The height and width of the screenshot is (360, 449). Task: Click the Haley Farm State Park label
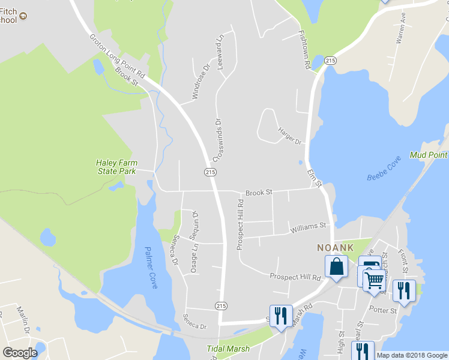click(x=116, y=167)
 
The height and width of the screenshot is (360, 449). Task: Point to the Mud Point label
click(x=429, y=155)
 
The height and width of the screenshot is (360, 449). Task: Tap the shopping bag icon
click(x=337, y=267)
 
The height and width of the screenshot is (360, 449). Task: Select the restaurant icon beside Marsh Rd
click(x=281, y=316)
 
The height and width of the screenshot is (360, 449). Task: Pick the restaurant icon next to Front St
click(x=404, y=291)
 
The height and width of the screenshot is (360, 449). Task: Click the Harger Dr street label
click(x=289, y=136)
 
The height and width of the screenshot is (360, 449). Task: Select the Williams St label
click(x=307, y=227)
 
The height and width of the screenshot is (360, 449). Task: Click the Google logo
click(x=20, y=353)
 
